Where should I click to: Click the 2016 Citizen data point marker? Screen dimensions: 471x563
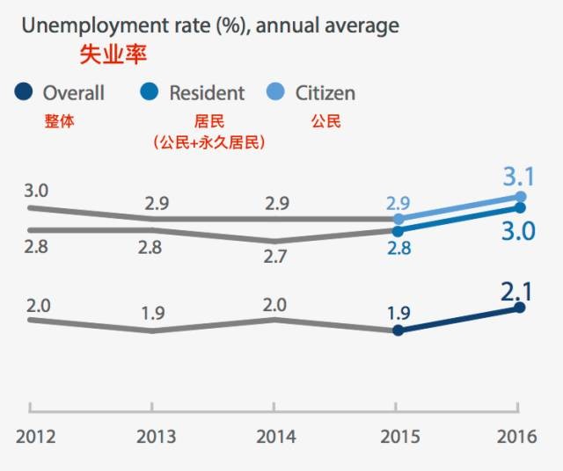[520, 197]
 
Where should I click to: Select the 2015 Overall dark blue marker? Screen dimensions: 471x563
[398, 330]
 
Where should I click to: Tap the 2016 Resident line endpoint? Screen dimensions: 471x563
[520, 207]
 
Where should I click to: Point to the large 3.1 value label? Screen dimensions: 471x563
[519, 177]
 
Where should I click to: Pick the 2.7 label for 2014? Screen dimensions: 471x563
[275, 257]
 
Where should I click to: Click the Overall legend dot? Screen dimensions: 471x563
[25, 91]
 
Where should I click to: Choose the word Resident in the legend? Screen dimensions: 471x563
[207, 92]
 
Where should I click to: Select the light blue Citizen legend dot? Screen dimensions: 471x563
[277, 91]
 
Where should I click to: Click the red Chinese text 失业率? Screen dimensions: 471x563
[113, 55]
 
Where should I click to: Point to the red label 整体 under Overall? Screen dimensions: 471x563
[58, 121]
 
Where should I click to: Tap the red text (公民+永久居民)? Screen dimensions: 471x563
[208, 141]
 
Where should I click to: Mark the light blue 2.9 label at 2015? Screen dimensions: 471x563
[398, 203]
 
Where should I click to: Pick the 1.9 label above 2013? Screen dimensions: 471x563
[152, 313]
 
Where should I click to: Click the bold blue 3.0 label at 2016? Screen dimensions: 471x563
[519, 231]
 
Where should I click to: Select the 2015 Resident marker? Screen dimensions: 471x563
[398, 231]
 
